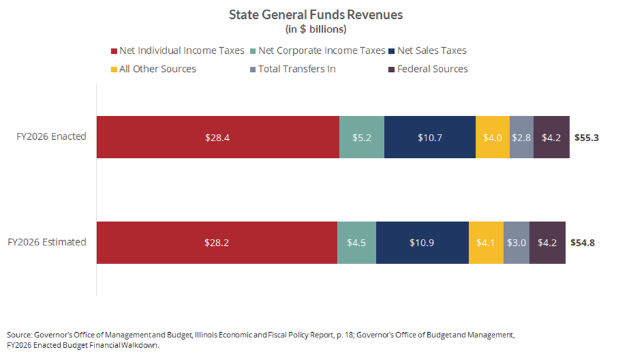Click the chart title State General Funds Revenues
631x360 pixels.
[x=316, y=14]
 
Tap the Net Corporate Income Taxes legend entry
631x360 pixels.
[x=318, y=51]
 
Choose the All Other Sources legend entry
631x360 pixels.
[x=153, y=69]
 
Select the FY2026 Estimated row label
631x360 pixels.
[x=47, y=242]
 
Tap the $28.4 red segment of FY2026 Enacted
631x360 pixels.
[x=217, y=137]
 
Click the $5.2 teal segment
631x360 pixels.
[x=362, y=137]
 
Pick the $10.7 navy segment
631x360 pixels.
[x=430, y=137]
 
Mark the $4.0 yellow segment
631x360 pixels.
[x=493, y=137]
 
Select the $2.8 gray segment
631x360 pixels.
[x=522, y=137]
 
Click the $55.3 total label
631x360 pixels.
[x=586, y=138]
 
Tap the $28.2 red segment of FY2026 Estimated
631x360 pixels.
[x=217, y=243]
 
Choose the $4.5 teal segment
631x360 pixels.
[x=357, y=243]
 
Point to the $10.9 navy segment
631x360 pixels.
[x=422, y=243]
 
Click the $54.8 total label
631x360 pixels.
[x=582, y=243]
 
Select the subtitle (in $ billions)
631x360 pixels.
[x=316, y=29]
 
